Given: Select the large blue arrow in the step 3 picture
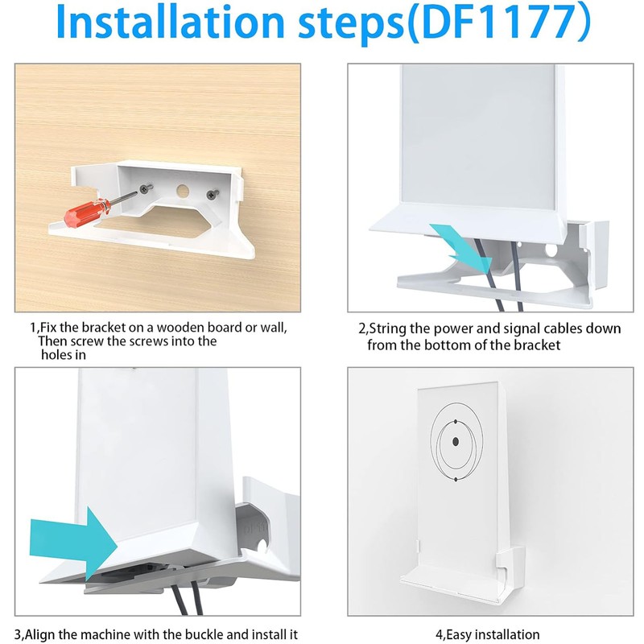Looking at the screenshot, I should [73, 531].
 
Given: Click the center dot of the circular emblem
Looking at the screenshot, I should [456, 442].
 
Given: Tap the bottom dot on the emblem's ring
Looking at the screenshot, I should [456, 480].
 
